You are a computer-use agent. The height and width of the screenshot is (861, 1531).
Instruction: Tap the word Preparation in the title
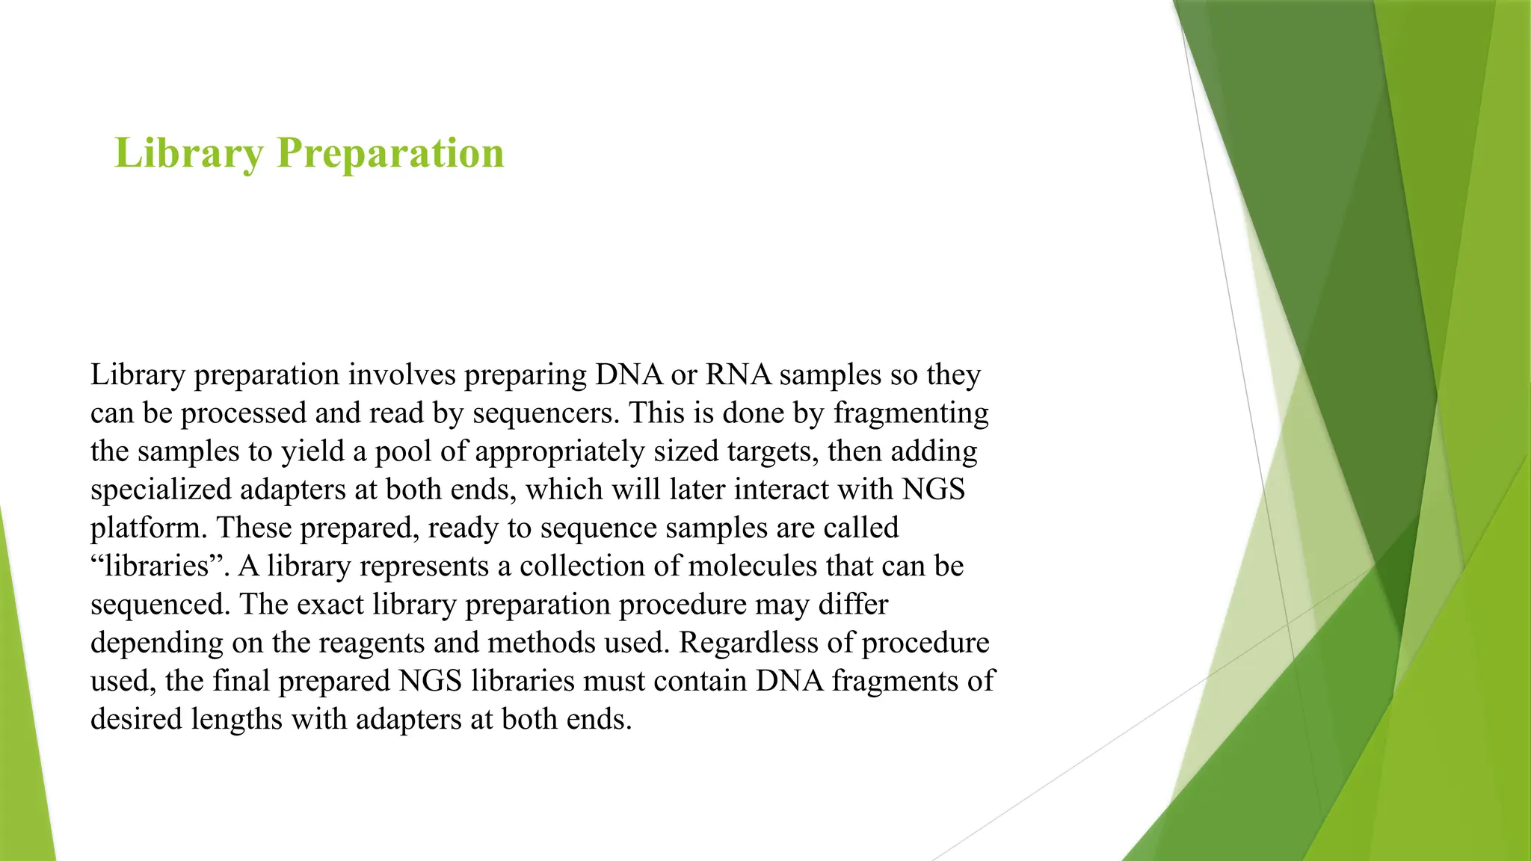390,153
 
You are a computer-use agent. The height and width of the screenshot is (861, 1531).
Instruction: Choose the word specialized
161,490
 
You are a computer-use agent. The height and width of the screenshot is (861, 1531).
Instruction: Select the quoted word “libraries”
161,566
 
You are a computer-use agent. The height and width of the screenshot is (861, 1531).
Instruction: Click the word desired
136,719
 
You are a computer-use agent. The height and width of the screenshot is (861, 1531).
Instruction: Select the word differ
853,604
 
